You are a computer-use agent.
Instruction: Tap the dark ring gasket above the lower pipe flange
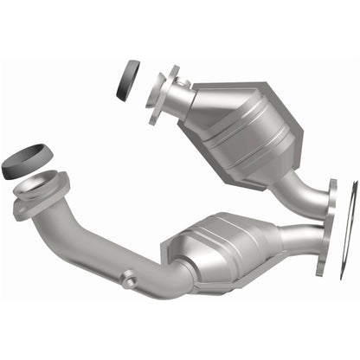(28, 162)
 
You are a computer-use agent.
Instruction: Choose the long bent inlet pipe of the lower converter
(104, 251)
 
